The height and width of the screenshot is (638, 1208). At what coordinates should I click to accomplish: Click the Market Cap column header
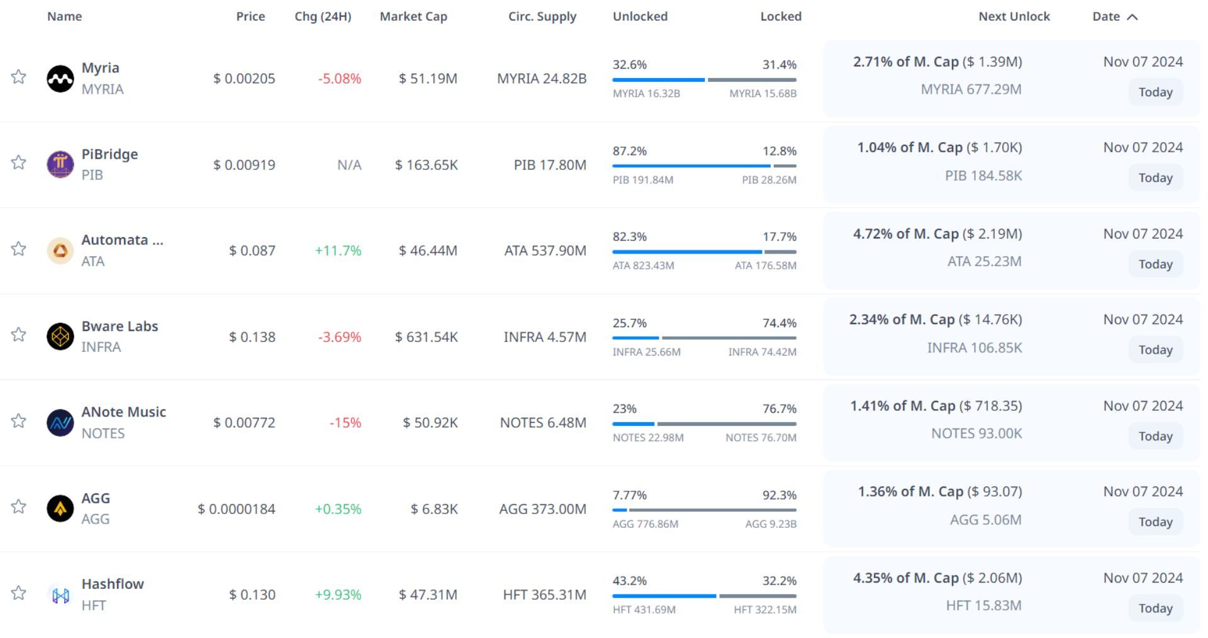pos(413,16)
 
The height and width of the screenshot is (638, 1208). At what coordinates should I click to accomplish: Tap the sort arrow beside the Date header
pos(1132,17)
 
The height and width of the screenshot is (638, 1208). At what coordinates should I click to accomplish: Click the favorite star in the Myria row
pos(19,77)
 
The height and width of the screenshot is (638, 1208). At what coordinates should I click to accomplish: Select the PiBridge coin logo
pos(60,164)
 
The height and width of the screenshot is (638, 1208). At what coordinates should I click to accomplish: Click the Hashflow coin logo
pos(60,595)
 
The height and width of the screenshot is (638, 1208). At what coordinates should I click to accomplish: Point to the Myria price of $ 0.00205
pos(244,79)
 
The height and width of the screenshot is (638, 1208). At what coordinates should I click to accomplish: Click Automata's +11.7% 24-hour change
pos(338,250)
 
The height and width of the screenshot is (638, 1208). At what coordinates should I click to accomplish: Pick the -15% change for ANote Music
pos(345,423)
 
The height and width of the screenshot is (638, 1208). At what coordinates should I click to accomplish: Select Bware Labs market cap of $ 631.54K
pos(426,337)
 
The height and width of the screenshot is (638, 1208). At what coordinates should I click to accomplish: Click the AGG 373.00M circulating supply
pos(542,508)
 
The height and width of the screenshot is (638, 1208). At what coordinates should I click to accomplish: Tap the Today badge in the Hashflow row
pos(1155,608)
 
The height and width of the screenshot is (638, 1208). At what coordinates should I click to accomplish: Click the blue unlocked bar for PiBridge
pos(691,166)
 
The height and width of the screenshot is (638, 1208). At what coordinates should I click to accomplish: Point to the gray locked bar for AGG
pos(713,510)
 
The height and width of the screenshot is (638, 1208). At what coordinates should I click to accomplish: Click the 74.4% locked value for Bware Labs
pos(780,323)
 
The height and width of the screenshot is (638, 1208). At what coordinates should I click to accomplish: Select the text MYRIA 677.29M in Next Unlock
pos(971,89)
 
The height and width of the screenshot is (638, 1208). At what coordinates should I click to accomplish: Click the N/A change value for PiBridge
pos(349,165)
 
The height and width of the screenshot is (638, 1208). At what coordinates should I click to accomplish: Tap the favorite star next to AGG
pos(19,506)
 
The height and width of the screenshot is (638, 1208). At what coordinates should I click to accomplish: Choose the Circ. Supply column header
pos(542,16)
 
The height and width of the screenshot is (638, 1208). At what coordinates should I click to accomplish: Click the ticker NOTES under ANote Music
pos(103,433)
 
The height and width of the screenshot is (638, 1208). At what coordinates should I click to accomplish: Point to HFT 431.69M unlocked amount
pos(644,610)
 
